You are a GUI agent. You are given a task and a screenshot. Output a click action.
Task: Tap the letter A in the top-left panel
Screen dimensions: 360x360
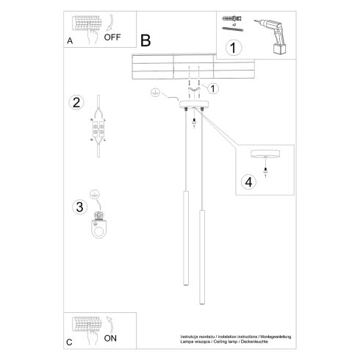pos(70,42)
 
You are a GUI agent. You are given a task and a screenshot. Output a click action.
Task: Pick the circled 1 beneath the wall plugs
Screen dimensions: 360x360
pos(234,48)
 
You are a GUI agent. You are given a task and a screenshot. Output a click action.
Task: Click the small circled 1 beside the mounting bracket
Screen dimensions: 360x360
pos(212,89)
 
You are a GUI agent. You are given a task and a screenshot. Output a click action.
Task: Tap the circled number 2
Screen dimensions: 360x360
pos(76,102)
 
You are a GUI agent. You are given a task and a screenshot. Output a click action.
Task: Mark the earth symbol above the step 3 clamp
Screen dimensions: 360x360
pos(95,195)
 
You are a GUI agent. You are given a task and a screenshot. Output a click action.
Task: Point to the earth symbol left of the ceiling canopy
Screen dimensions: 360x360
pos(155,93)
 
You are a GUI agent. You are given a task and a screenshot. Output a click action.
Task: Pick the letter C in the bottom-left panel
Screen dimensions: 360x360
pos(69,342)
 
